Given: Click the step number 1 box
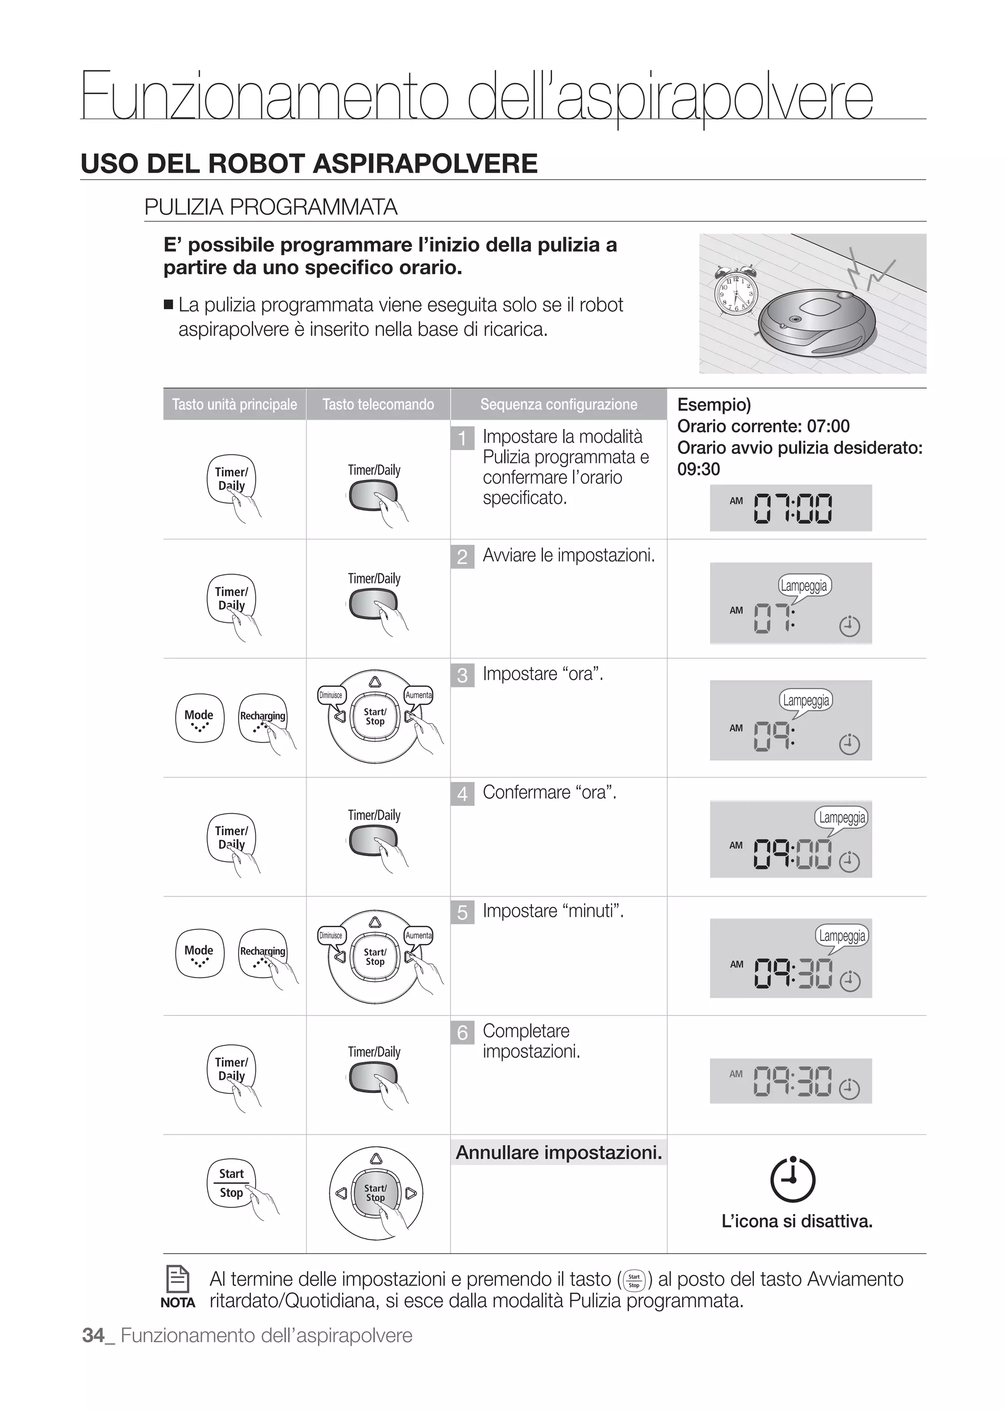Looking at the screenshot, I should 462,438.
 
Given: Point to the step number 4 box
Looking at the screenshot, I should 462,794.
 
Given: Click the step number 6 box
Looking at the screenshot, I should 462,1033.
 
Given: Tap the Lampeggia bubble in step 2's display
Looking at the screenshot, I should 803,585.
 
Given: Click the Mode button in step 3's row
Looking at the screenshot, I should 199,718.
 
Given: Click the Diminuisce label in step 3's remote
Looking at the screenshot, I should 330,694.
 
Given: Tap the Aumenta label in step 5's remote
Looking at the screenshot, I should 418,935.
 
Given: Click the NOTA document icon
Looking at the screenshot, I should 178,1279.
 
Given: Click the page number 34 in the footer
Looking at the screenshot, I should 93,1335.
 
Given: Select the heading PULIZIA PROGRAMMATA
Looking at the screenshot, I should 270,207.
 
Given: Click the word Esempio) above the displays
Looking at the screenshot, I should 714,404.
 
